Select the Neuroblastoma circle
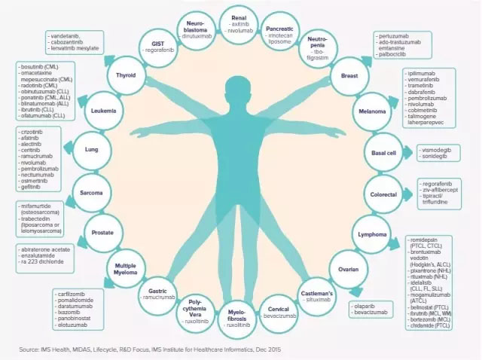tap(196, 30)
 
